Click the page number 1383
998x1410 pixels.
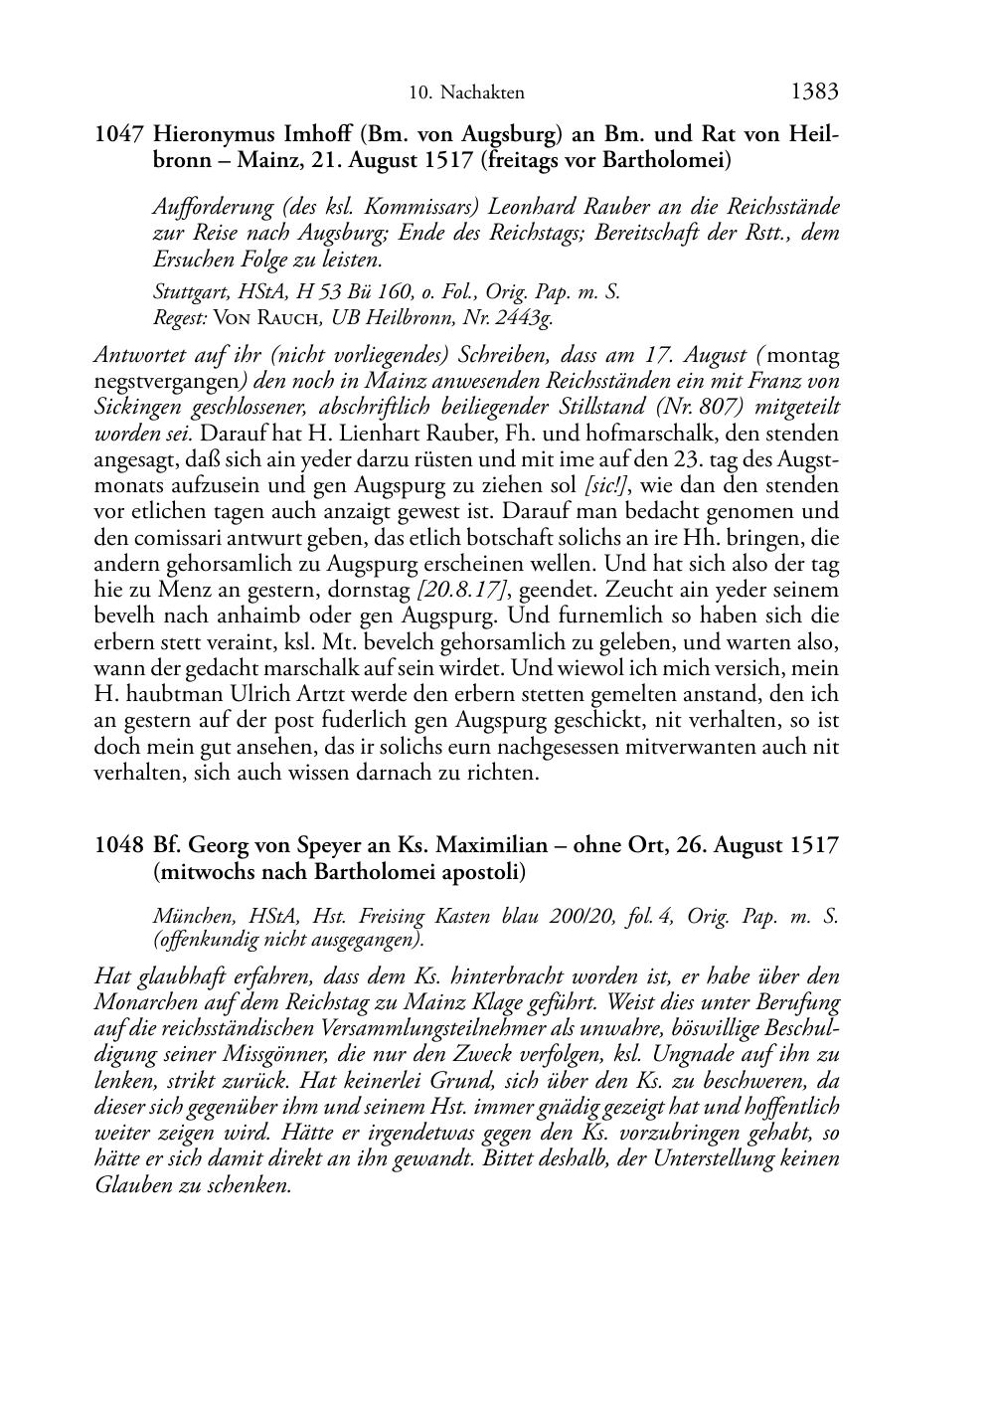click(x=815, y=91)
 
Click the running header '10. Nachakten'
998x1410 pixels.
click(x=466, y=93)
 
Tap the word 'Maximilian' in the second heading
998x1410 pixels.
click(x=492, y=846)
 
